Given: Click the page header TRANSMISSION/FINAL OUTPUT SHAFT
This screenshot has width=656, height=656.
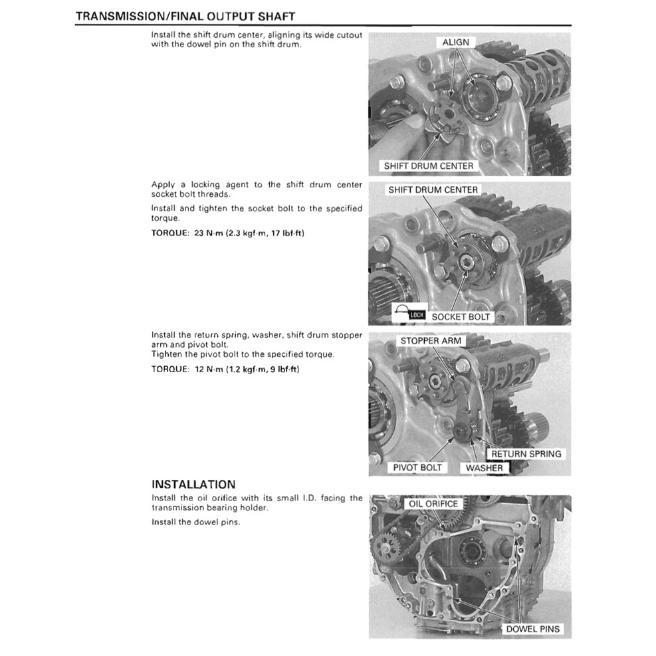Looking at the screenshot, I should tap(185, 15).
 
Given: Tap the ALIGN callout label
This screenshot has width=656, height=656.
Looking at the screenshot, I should tap(455, 43).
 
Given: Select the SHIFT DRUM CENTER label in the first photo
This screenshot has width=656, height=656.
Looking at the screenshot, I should tap(429, 165).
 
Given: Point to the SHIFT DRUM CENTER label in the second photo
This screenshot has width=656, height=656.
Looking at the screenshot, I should tap(433, 190).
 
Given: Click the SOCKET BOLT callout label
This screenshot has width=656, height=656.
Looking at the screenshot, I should tap(461, 317).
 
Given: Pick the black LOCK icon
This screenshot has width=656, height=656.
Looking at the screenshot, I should tap(416, 315).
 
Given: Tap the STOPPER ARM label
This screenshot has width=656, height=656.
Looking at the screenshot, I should tap(430, 341).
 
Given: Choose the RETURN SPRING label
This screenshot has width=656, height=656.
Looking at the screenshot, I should tap(526, 454).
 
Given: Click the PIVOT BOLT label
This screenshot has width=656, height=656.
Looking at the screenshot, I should tap(417, 468).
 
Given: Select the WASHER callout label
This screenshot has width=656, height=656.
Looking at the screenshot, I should tap(484, 468).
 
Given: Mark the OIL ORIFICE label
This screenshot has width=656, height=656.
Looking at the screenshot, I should tap(432, 504).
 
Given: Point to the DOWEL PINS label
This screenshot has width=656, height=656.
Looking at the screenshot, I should tap(533, 629).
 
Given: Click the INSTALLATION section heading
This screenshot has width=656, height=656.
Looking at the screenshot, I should tap(193, 485).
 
